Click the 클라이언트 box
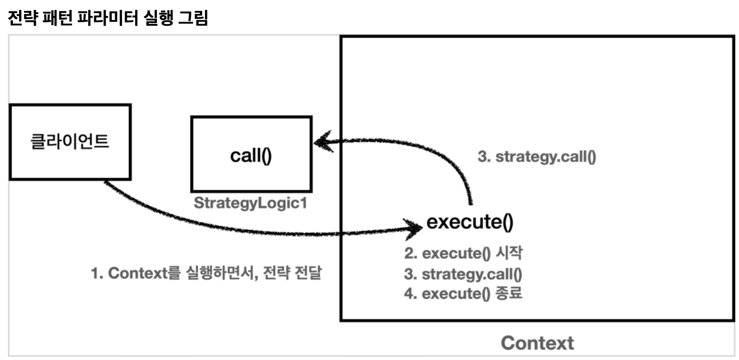(70, 142)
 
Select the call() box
(251, 155)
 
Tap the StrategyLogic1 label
(250, 203)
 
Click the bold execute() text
(470, 222)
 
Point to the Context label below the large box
(537, 343)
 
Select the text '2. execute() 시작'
(463, 253)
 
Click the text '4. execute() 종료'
(463, 293)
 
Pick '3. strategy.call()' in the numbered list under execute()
(463, 274)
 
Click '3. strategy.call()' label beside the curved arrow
(537, 156)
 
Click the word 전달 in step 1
(308, 273)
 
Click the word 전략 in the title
(22, 18)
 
